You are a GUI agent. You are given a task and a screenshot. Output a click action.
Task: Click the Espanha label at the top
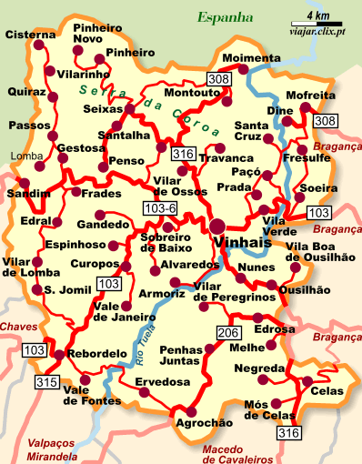click(x=225, y=15)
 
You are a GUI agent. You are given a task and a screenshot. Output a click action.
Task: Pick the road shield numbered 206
click(x=226, y=332)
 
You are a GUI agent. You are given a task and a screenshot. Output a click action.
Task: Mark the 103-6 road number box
click(x=160, y=210)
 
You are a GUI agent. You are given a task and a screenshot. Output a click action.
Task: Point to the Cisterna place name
click(x=30, y=35)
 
